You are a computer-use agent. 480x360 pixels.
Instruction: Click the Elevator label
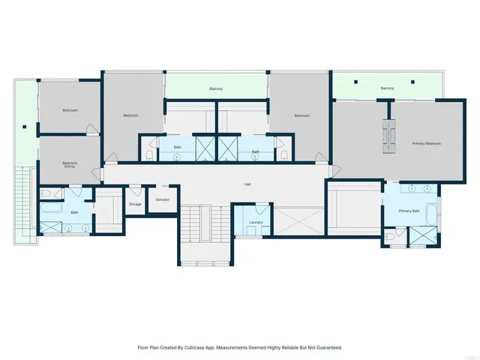(x=163, y=199)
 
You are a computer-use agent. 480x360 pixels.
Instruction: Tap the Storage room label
(x=135, y=204)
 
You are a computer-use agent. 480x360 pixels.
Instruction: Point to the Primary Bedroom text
(x=426, y=143)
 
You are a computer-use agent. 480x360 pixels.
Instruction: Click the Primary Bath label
(x=409, y=211)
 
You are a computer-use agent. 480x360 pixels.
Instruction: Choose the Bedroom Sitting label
(x=70, y=165)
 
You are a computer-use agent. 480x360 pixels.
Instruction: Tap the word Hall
(x=247, y=184)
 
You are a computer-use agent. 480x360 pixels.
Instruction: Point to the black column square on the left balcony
(x=25, y=127)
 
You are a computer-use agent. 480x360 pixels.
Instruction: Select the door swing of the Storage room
(x=135, y=190)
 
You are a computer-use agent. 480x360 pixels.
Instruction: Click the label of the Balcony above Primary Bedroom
(x=387, y=88)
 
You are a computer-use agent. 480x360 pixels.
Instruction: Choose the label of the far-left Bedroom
(x=70, y=110)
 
